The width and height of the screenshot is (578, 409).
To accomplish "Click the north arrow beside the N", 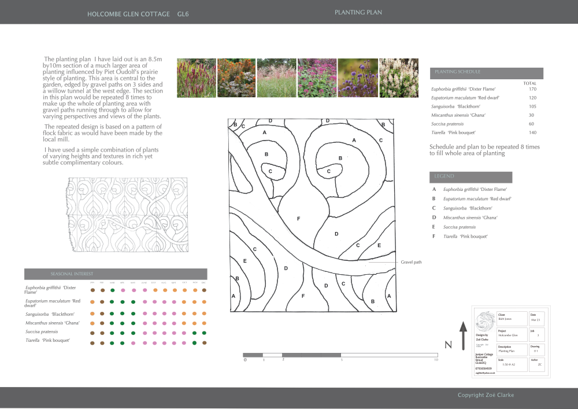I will coord(463,336).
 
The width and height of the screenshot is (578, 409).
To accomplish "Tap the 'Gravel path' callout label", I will coord(411,262).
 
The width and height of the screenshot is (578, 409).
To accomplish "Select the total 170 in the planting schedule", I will coord(532,89).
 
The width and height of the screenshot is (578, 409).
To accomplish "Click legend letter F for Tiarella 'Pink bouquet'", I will coord(434,237).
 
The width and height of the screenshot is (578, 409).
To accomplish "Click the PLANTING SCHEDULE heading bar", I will coord(486,73).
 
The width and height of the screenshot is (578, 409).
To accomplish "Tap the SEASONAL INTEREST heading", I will coord(72,274).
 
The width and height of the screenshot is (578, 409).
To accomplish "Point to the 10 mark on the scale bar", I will coord(436,360).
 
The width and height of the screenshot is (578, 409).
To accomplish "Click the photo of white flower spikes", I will coord(399,78).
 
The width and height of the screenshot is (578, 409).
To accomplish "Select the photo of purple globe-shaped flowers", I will coord(358,78).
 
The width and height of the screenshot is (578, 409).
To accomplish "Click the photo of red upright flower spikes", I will coord(196,78).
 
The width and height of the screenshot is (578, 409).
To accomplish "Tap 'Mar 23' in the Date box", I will coord(536,320).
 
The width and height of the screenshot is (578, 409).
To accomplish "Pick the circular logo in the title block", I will coord(484,321).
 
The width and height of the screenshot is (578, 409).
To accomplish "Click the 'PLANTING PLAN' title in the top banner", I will coord(358,12).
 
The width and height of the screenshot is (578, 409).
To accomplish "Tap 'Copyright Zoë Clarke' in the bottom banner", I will coord(486,395).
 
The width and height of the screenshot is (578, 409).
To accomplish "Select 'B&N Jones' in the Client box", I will coord(506,319).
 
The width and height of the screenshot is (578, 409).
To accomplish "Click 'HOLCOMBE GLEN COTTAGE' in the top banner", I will coord(128,14).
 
